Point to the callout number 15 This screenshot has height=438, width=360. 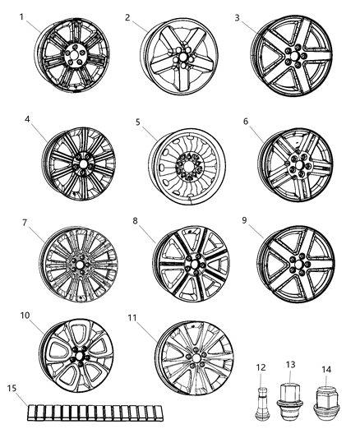coord(11,387)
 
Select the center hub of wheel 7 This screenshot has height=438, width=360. coord(81,265)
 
